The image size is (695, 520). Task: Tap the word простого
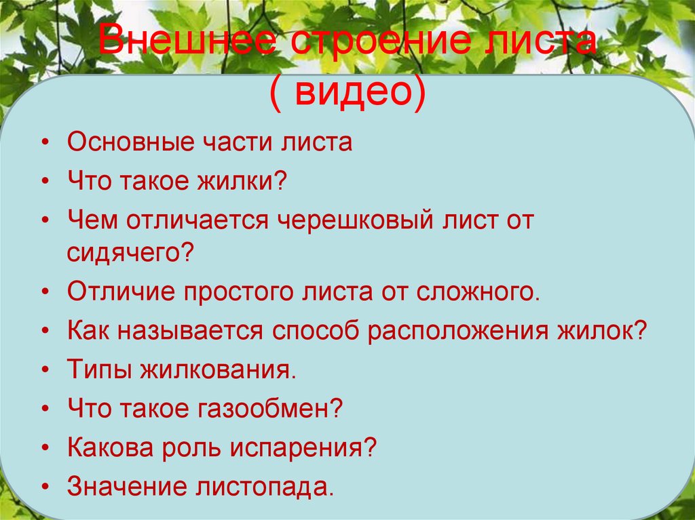pos(242,293)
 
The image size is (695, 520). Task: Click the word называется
pos(191,332)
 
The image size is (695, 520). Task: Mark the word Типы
pos(98,371)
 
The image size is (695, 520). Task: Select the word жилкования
pos(219,371)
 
